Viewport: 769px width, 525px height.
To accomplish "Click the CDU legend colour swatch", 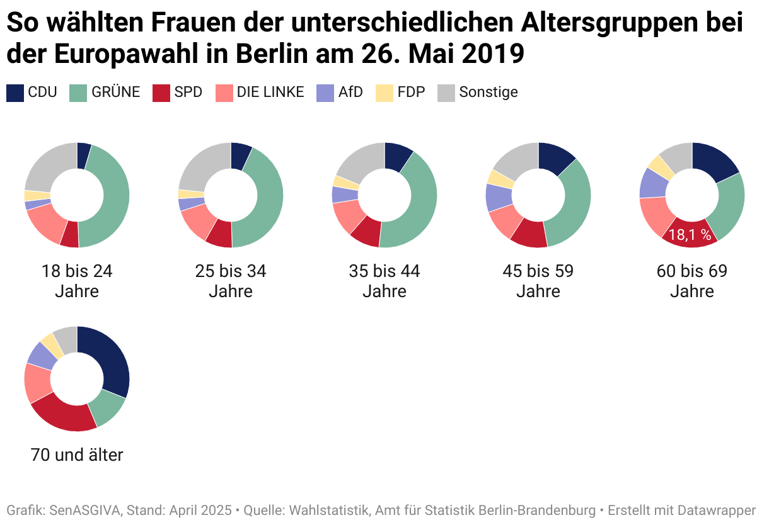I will [15, 93].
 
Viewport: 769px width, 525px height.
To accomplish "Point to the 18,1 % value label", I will [690, 235].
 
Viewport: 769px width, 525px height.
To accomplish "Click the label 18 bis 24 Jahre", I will [77, 281].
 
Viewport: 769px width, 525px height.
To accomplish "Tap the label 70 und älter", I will [77, 454].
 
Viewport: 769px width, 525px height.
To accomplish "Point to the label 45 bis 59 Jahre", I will [538, 281].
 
